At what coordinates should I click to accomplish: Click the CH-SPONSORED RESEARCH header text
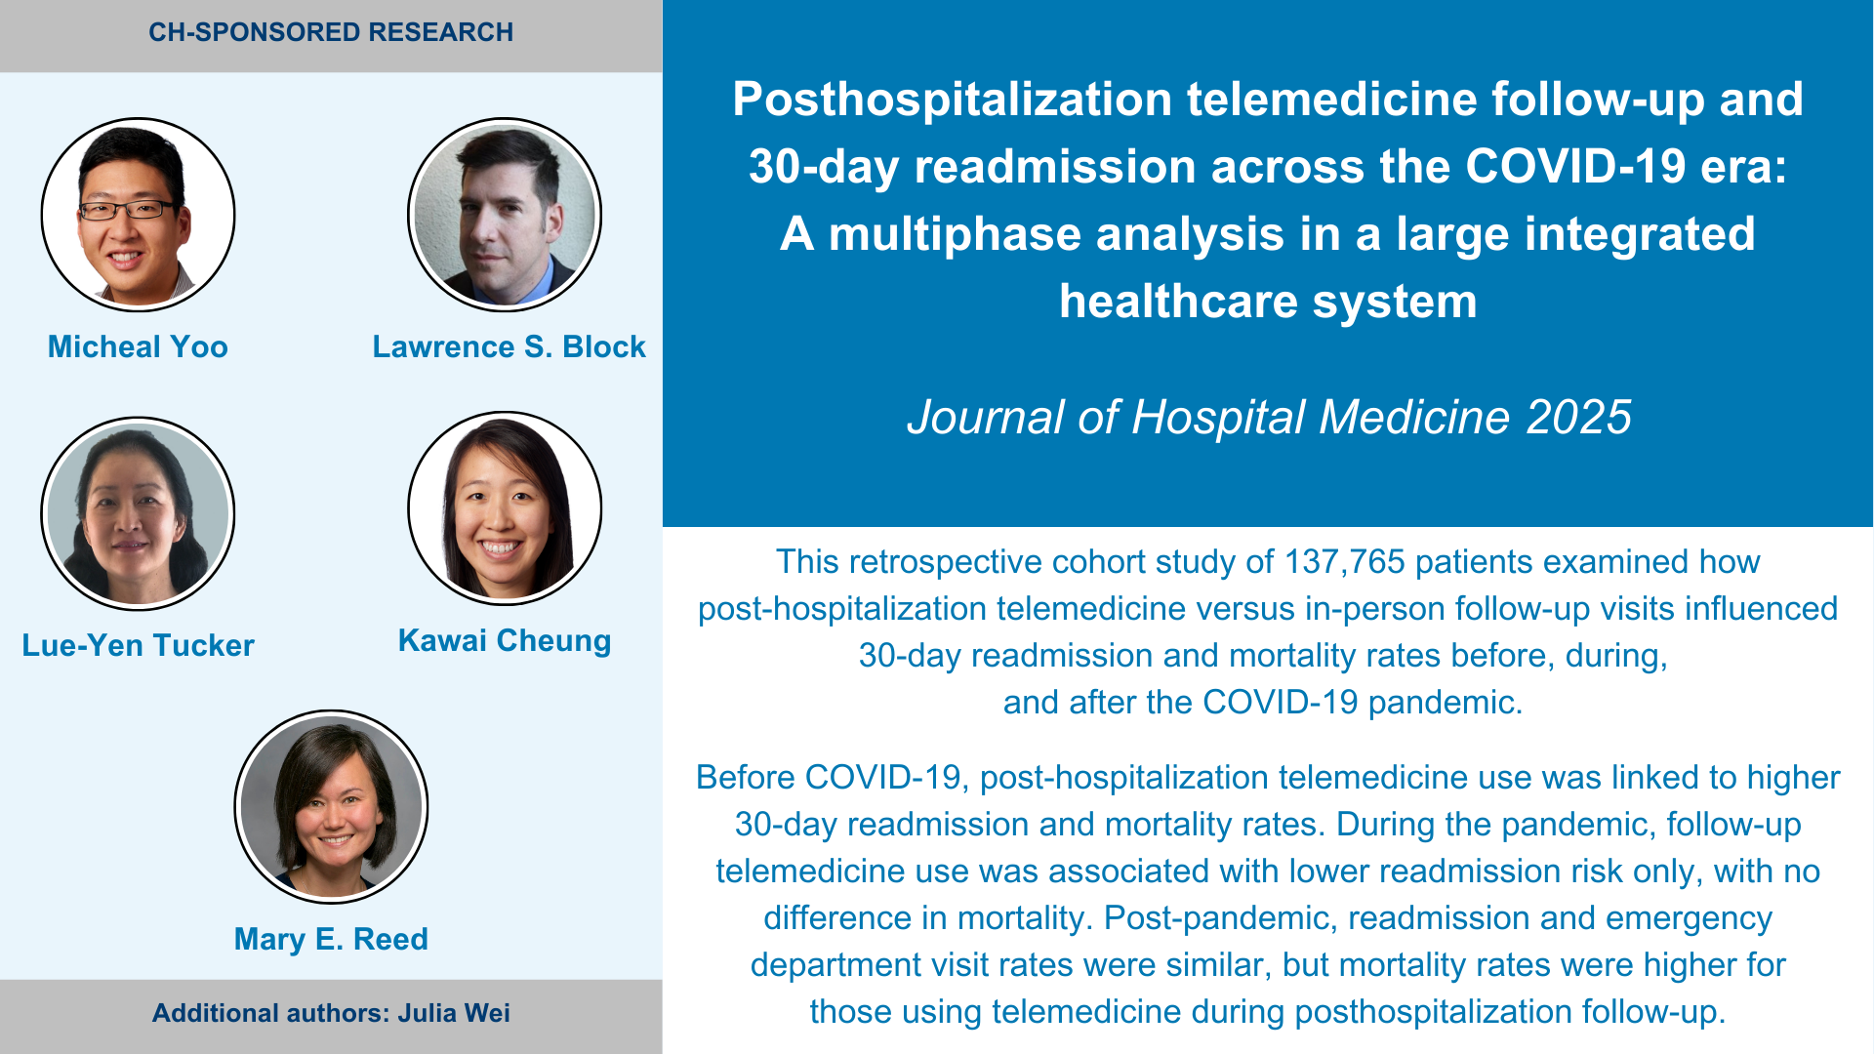pyautogui.click(x=331, y=32)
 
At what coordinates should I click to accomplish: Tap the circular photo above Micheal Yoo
pyautogui.click(x=138, y=215)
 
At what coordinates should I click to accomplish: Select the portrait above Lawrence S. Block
pyautogui.click(x=505, y=215)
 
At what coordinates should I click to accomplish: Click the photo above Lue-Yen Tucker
pyautogui.click(x=138, y=513)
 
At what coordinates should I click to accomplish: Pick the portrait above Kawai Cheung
pyautogui.click(x=505, y=508)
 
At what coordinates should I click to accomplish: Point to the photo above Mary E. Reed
pyautogui.click(x=331, y=807)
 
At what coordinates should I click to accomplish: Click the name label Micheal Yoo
pyautogui.click(x=138, y=346)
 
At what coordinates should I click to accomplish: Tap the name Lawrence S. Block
pyautogui.click(x=509, y=346)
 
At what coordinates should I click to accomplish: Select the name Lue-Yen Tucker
pyautogui.click(x=138, y=645)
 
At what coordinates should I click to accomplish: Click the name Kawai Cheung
pyautogui.click(x=505, y=640)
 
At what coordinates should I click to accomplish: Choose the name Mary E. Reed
pyautogui.click(x=331, y=939)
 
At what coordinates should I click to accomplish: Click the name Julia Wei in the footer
pyautogui.click(x=454, y=1013)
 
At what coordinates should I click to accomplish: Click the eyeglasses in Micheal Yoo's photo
pyautogui.click(x=129, y=209)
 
